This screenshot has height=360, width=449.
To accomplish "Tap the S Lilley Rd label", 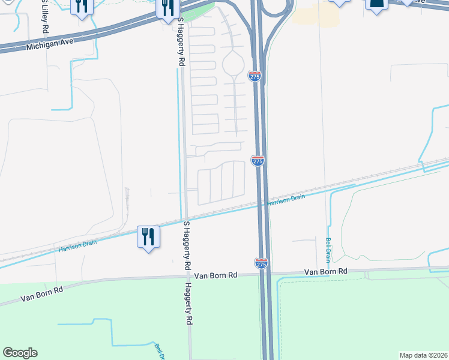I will pyautogui.click(x=44, y=16).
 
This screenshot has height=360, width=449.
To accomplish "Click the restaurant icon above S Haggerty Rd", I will pyautogui.click(x=167, y=7).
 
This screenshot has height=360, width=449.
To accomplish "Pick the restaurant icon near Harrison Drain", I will pyautogui.click(x=148, y=236).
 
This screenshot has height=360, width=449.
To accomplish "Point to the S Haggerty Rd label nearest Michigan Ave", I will pyautogui.click(x=181, y=41).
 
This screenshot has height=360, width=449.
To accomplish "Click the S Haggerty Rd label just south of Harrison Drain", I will pyautogui.click(x=187, y=245).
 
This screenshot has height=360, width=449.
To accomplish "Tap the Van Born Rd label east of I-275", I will pyautogui.click(x=325, y=272).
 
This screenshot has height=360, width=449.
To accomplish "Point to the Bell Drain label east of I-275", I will pyautogui.click(x=328, y=250).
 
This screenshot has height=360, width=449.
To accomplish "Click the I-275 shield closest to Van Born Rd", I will pyautogui.click(x=261, y=263).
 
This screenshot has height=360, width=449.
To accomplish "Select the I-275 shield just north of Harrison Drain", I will pyautogui.click(x=258, y=161).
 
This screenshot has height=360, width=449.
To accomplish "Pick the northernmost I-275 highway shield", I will pyautogui.click(x=254, y=76).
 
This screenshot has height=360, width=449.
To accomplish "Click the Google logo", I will pyautogui.click(x=20, y=353).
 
